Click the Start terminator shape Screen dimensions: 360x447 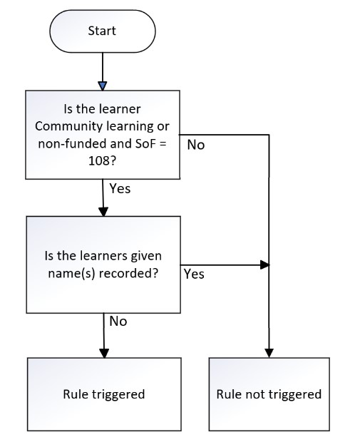click(x=103, y=31)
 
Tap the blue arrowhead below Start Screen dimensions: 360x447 click(x=103, y=86)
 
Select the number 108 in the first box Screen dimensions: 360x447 click(x=98, y=161)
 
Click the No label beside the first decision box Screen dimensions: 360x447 click(x=196, y=145)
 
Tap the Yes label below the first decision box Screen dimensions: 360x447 click(x=120, y=188)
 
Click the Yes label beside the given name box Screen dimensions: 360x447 click(x=194, y=274)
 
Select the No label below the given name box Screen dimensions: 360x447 click(x=118, y=322)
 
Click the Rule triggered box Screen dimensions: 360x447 click(x=104, y=394)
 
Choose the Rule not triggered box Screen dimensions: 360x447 click(x=269, y=394)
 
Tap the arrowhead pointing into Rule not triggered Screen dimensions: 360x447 click(x=269, y=353)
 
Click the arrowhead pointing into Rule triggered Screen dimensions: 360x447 click(x=104, y=353)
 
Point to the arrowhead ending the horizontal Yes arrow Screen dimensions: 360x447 click(x=264, y=264)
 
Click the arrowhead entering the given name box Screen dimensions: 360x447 click(x=103, y=212)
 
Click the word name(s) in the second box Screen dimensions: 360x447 click(x=71, y=274)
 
